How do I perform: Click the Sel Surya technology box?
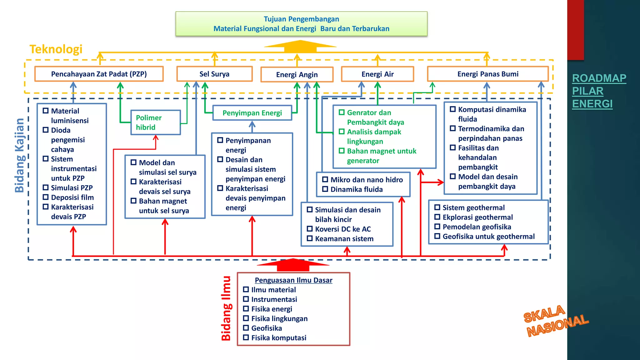pos(214,74)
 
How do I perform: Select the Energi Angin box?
pos(297,75)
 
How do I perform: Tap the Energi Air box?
pos(377,74)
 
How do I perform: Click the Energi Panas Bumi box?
pos(487,74)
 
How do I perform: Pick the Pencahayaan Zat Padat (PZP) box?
pos(99,74)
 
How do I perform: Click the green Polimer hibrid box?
pos(155,122)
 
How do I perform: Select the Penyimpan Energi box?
pos(252,113)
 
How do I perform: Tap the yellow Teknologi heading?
pos(56,49)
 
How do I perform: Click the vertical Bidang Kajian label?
pos(19,155)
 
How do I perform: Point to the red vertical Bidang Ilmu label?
pos(226,308)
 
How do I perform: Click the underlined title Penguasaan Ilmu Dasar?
pos(293,280)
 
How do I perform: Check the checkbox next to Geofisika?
pos(246,328)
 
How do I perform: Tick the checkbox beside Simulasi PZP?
pos(46,187)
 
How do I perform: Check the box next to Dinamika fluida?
pos(325,189)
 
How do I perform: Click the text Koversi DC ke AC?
pos(343,229)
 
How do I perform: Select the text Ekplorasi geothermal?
pos(477,217)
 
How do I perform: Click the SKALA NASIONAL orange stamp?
pos(556,321)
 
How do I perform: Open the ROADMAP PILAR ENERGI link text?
pos(599,91)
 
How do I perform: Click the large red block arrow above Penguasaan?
pos(293,265)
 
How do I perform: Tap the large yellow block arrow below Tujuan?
pos(300,46)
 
